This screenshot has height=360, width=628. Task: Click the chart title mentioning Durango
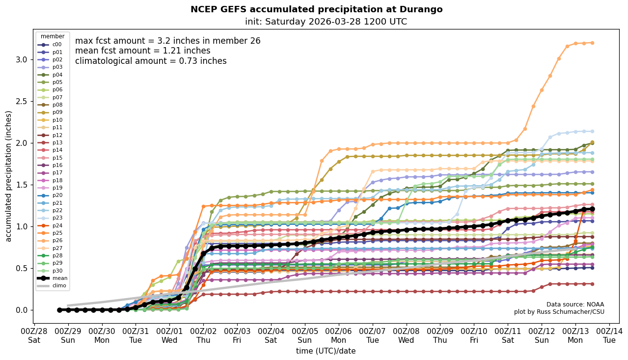[316, 9]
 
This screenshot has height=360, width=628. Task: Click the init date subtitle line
[326, 22]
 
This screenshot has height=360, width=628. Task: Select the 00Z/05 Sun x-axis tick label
[305, 335]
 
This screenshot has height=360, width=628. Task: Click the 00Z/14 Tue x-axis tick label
[609, 335]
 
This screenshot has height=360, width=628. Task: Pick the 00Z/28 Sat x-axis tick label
[34, 335]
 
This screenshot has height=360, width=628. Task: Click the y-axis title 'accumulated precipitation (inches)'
[8, 176]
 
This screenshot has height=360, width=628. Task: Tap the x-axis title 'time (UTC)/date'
[326, 351]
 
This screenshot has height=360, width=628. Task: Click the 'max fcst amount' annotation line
[167, 41]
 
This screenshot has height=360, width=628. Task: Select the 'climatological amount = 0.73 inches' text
[151, 61]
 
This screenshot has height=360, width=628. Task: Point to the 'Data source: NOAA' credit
[575, 305]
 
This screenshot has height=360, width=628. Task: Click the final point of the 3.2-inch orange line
[592, 43]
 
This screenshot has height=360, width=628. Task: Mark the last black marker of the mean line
[592, 209]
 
